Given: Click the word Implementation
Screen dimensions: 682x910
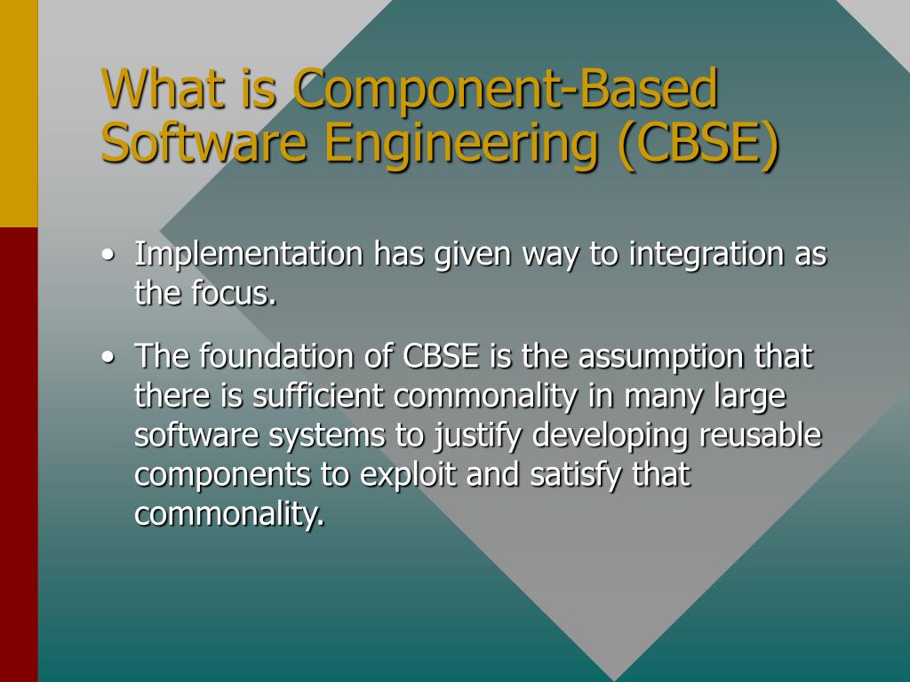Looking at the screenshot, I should (249, 256).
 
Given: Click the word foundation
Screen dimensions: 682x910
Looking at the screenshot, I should (276, 357).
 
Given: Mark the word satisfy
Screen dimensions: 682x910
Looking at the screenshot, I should (578, 475).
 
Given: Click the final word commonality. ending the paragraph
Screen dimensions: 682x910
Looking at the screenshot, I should (229, 514).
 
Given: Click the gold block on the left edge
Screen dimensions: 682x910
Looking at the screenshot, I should (19, 114).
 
